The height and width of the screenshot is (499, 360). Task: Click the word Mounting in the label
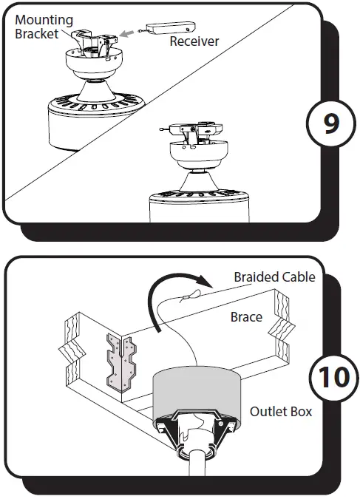44,21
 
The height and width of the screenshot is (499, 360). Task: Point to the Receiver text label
194,41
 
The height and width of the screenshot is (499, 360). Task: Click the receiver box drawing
163,27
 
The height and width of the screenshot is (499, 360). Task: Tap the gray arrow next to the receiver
129,32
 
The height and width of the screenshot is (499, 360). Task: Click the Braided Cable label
274,277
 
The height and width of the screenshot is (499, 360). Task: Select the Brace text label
246,316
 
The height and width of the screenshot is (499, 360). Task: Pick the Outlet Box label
280,411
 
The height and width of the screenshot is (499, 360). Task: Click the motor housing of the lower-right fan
197,207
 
